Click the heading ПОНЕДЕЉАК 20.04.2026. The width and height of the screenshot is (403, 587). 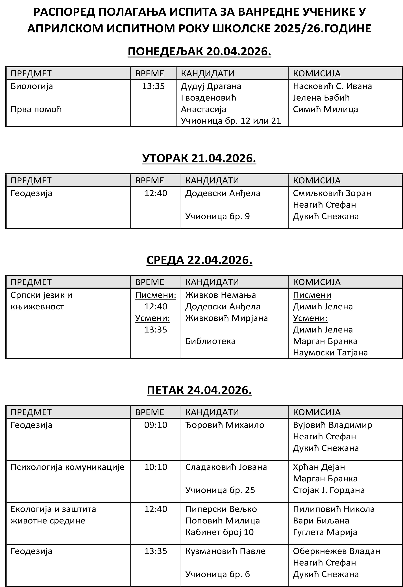pyautogui.click(x=199, y=51)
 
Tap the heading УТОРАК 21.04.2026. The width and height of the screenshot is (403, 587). pyautogui.click(x=199, y=158)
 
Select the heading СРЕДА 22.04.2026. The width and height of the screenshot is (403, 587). pyautogui.click(x=199, y=260)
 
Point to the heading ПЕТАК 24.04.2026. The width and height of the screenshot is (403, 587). pyautogui.click(x=199, y=390)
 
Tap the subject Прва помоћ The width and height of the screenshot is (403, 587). pyautogui.click(x=36, y=109)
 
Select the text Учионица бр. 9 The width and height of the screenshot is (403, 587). pyautogui.click(x=217, y=216)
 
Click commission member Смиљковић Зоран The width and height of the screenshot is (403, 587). pyautogui.click(x=332, y=193)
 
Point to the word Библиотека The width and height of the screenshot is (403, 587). pyautogui.click(x=210, y=341)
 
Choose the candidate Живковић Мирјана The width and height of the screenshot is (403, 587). pyautogui.click(x=226, y=318)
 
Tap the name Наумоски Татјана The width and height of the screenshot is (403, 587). pyautogui.click(x=330, y=353)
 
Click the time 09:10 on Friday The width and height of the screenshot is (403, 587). pyautogui.click(x=156, y=425)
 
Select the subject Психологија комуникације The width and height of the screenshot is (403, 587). pyautogui.click(x=67, y=467)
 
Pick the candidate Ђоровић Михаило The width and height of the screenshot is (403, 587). pyautogui.click(x=225, y=425)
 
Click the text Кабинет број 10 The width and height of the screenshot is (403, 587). pyautogui.click(x=219, y=532)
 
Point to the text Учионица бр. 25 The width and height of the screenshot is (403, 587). pyautogui.click(x=220, y=490)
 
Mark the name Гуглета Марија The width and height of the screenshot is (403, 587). pyautogui.click(x=325, y=532)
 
